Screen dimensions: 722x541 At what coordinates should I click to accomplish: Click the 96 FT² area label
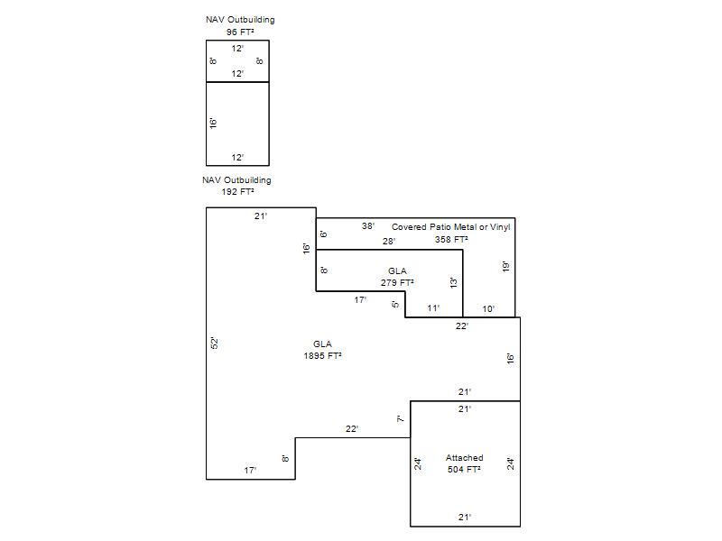click(240, 32)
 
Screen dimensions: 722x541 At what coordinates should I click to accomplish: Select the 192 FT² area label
click(237, 192)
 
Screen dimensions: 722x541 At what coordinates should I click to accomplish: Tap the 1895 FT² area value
click(322, 355)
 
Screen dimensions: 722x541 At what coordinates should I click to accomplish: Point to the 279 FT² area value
click(397, 282)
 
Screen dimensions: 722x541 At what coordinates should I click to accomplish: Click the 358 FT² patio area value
click(451, 239)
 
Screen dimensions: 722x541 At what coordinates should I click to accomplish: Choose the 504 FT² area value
click(464, 469)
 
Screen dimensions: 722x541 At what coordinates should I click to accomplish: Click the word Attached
click(464, 458)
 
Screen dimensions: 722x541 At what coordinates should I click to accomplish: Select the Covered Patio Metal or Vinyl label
click(450, 227)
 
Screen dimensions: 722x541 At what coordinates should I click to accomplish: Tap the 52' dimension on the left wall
click(214, 344)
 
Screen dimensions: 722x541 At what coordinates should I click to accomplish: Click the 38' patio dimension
click(368, 226)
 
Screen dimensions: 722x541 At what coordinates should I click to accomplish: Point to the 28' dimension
click(389, 241)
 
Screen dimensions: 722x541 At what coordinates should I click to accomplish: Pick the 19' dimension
click(505, 266)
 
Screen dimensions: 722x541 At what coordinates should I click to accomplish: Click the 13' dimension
click(454, 282)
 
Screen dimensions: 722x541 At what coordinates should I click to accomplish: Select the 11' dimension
click(433, 308)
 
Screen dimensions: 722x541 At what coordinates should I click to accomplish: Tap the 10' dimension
click(488, 309)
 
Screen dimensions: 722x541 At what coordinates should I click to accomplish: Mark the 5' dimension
click(395, 304)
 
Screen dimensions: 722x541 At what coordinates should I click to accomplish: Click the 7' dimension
click(401, 418)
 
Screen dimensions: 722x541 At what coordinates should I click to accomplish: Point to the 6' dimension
click(324, 234)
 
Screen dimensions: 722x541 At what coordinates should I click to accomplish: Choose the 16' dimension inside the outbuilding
click(213, 123)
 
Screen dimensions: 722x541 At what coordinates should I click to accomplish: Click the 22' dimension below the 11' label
click(462, 326)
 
